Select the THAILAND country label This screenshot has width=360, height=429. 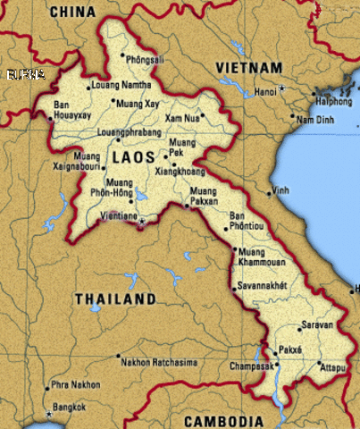click(x=115, y=299)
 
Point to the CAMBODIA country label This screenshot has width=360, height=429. click(x=223, y=421)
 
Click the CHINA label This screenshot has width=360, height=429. click(x=72, y=11)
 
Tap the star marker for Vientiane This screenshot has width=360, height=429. click(x=141, y=222)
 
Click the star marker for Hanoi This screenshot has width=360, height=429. click(x=281, y=88)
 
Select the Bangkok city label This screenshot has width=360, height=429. click(x=69, y=408)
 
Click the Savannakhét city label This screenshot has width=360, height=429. click(x=263, y=286)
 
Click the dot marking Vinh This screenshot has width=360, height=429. click(x=270, y=193)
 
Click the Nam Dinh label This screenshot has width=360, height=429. click(x=315, y=120)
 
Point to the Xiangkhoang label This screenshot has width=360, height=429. click(x=180, y=171)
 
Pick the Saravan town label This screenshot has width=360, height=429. click(x=317, y=325)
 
